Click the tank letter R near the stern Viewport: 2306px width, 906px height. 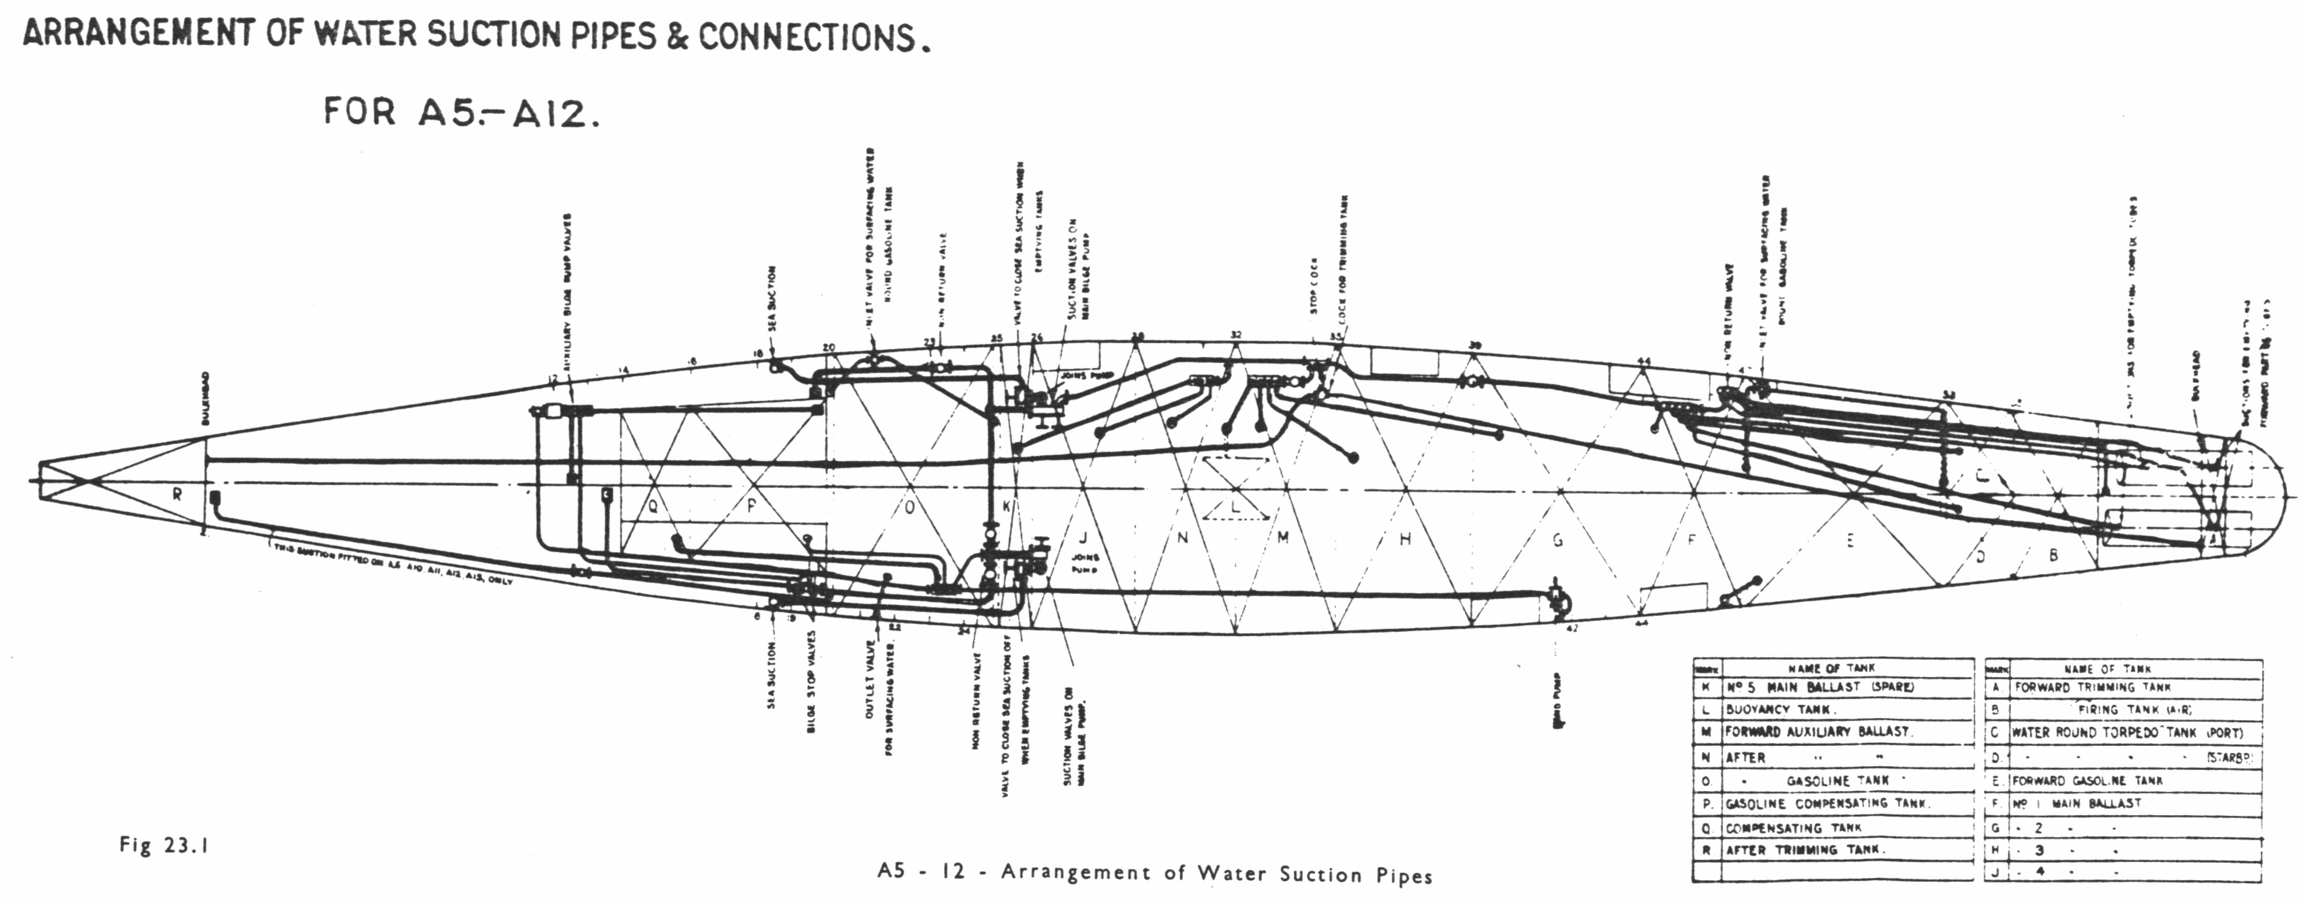pos(177,493)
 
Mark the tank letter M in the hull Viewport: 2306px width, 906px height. pos(1283,537)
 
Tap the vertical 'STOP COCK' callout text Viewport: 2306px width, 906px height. pos(1313,286)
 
